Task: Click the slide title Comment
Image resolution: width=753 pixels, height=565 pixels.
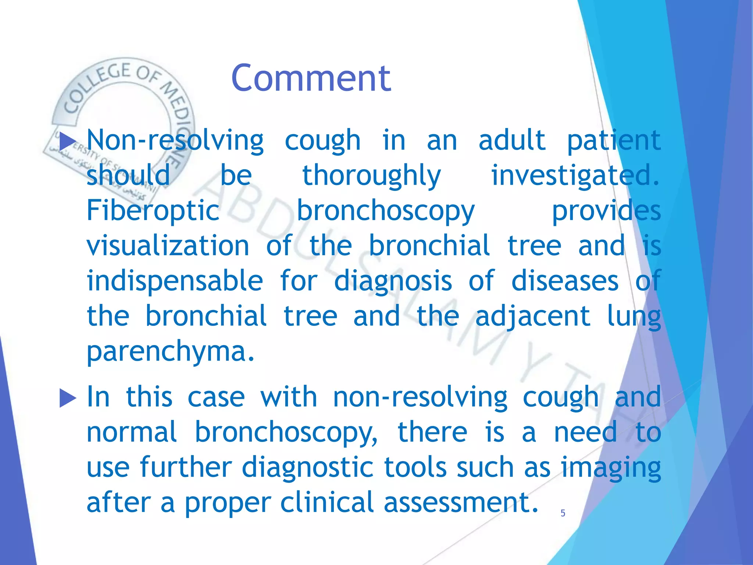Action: [311, 78]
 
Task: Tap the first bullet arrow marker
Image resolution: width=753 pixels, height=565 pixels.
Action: [68, 142]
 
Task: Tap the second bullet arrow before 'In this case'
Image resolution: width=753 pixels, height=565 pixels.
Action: [68, 398]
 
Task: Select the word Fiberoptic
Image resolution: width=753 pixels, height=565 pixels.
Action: [153, 211]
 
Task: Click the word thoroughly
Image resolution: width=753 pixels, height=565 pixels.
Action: [371, 176]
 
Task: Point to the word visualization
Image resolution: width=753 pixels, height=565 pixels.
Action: [168, 246]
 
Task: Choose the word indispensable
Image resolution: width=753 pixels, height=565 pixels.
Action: [175, 281]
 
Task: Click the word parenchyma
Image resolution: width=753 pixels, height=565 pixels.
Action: [170, 351]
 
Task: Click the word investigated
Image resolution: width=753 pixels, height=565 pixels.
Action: [575, 176]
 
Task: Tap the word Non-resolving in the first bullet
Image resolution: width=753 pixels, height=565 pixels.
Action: [175, 141]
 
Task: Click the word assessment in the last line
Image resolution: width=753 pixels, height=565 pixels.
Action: [461, 502]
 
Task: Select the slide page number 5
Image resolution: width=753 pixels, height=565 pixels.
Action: [563, 513]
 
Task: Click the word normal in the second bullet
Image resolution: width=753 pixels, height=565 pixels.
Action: [132, 432]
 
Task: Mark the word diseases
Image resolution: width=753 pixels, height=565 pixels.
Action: [565, 281]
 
